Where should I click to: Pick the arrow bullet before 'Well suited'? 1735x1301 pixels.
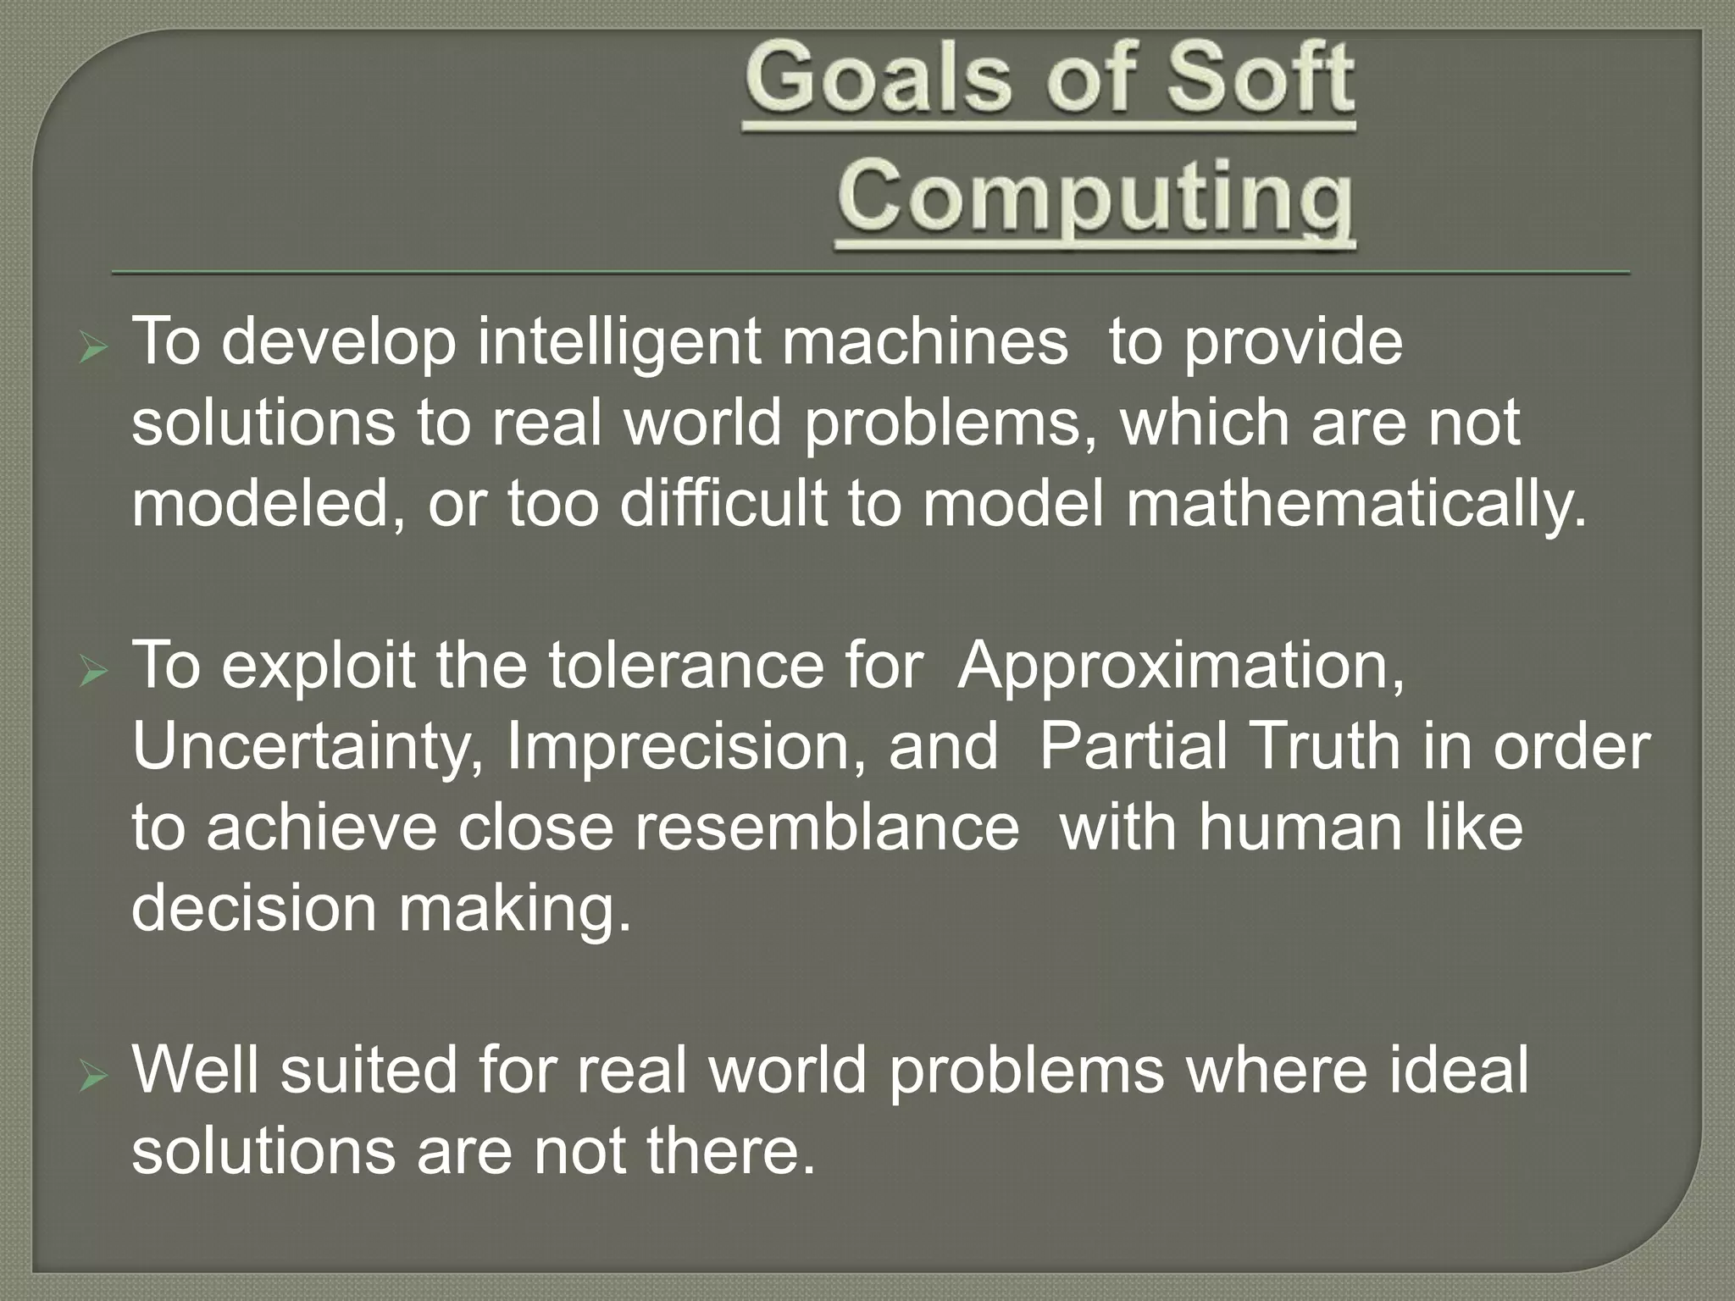(91, 1078)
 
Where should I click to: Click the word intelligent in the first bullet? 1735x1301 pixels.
(618, 343)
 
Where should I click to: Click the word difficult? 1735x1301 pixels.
(723, 504)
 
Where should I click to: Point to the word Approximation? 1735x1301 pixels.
(1181, 667)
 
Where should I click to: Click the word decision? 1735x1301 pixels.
(253, 909)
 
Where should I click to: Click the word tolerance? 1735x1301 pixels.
(685, 667)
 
